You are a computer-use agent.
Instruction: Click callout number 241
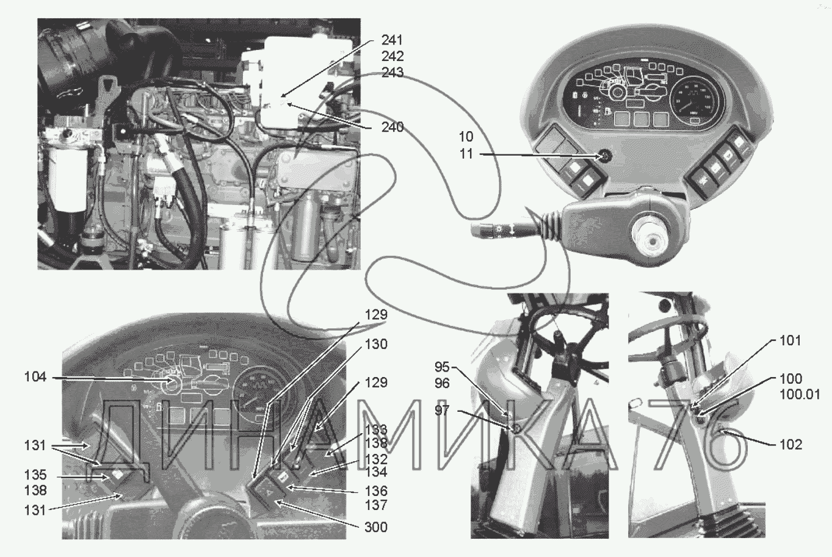tap(391, 41)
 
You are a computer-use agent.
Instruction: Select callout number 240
tap(391, 128)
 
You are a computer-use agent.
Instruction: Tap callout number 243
tap(391, 73)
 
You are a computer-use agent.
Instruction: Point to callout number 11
tap(466, 154)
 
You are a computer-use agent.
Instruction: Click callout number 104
tap(35, 377)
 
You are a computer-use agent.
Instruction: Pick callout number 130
tap(375, 344)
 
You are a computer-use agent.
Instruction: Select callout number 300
tap(375, 526)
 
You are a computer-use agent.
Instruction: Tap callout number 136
tap(375, 491)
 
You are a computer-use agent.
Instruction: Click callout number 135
tap(35, 475)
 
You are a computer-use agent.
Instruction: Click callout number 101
tap(790, 340)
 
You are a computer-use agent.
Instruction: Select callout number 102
tap(790, 445)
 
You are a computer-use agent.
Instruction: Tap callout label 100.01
tap(800, 395)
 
